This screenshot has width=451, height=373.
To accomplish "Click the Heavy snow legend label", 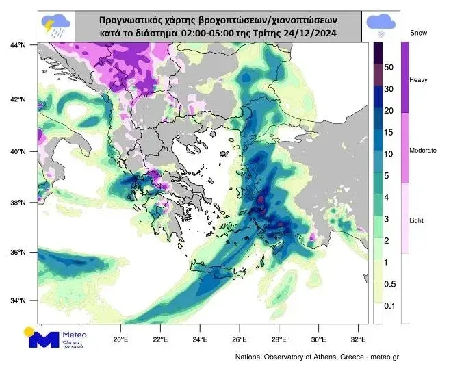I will (x=418, y=80).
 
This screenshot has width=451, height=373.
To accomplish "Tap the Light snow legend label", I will (x=417, y=221).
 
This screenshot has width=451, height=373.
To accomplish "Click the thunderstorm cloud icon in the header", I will (x=57, y=25).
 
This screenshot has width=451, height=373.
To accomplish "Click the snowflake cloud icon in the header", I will (x=381, y=24).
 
